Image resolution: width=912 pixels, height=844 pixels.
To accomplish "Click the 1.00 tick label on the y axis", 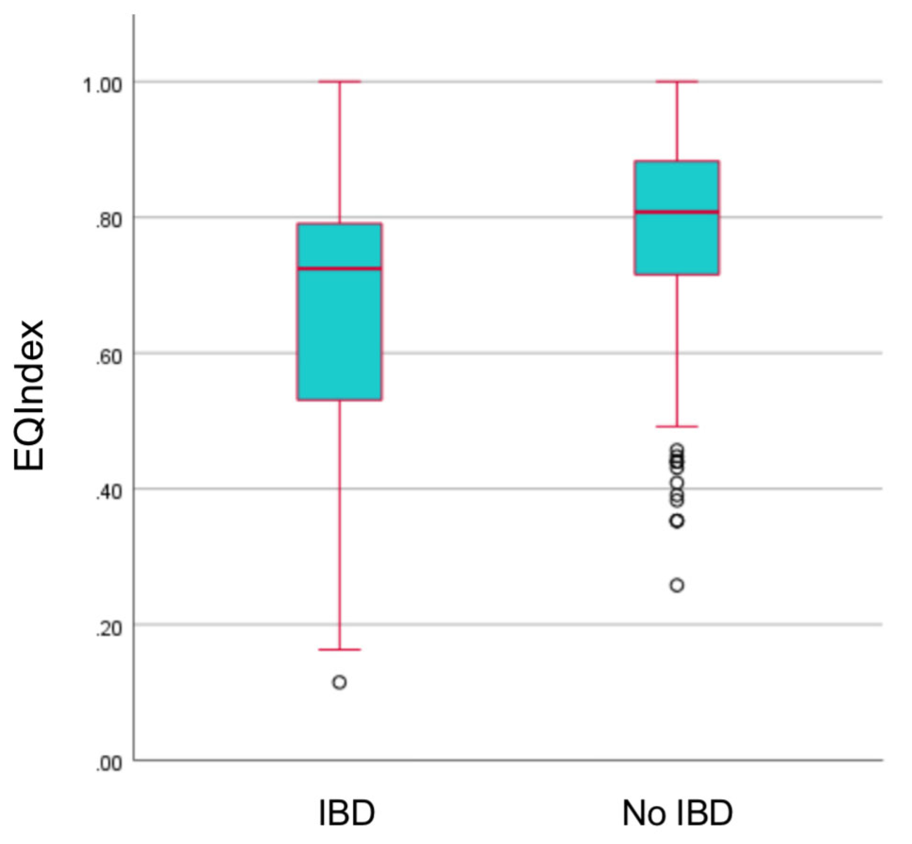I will pyautogui.click(x=103, y=85).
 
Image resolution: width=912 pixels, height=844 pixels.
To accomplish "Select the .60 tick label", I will pyautogui.click(x=109, y=357).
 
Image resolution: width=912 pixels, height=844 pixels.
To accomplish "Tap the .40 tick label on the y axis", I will pyautogui.click(x=109, y=492).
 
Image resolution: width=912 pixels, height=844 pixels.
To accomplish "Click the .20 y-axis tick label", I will pyautogui.click(x=109, y=628).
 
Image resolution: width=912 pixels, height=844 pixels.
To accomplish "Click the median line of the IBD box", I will pyautogui.click(x=339, y=268).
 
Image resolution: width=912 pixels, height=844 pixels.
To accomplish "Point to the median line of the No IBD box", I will pyautogui.click(x=677, y=211).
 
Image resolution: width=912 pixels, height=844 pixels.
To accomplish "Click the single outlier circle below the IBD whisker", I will pyautogui.click(x=340, y=682).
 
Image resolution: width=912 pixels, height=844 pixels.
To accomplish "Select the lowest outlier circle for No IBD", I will pyautogui.click(x=677, y=585).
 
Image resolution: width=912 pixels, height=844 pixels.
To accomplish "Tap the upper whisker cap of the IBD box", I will pyautogui.click(x=340, y=82).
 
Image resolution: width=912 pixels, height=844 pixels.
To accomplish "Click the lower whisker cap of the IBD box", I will pyautogui.click(x=340, y=649).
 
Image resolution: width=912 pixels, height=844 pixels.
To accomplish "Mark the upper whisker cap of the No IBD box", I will pyautogui.click(x=677, y=82).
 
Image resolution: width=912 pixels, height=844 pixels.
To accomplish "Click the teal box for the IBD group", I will pyautogui.click(x=339, y=333).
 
